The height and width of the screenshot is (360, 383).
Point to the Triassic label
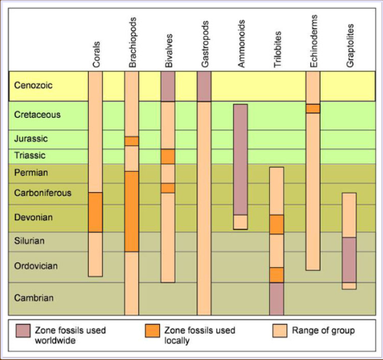click(31, 155)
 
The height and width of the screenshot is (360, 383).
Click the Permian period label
click(32, 172)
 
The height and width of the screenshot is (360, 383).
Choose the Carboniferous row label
click(44, 192)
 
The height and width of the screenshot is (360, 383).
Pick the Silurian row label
click(32, 241)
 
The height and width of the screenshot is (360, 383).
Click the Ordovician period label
click(36, 266)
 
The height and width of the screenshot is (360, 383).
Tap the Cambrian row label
click(34, 298)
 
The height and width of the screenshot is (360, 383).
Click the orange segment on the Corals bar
click(95, 212)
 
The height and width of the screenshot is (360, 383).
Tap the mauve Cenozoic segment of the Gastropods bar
click(204, 86)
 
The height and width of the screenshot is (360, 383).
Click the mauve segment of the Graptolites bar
click(349, 259)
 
